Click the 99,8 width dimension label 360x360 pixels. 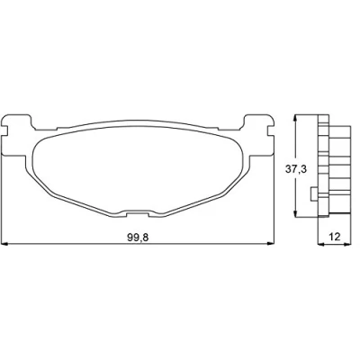coord(138,238)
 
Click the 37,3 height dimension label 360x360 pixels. coord(296,169)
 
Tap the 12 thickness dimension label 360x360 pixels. coord(335,237)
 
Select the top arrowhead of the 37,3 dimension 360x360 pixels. coord(296,118)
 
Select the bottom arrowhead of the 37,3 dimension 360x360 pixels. coord(296,212)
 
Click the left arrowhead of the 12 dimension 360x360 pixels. coord(321,244)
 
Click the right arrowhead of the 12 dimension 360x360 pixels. coord(347,244)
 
